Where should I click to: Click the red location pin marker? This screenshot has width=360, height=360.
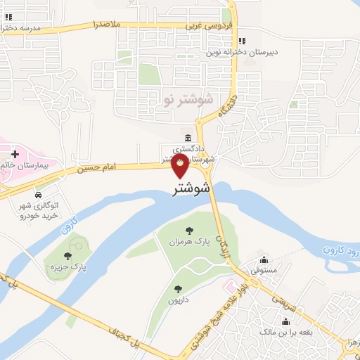pyautogui.click(x=181, y=167)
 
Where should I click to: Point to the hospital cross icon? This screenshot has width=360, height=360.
pyautogui.click(x=15, y=153)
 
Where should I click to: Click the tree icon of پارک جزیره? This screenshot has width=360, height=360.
pyautogui.click(x=67, y=256)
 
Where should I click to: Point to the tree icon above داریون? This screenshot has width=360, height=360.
pyautogui.click(x=178, y=288)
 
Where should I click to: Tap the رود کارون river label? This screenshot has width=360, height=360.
pyautogui.click(x=340, y=250)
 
